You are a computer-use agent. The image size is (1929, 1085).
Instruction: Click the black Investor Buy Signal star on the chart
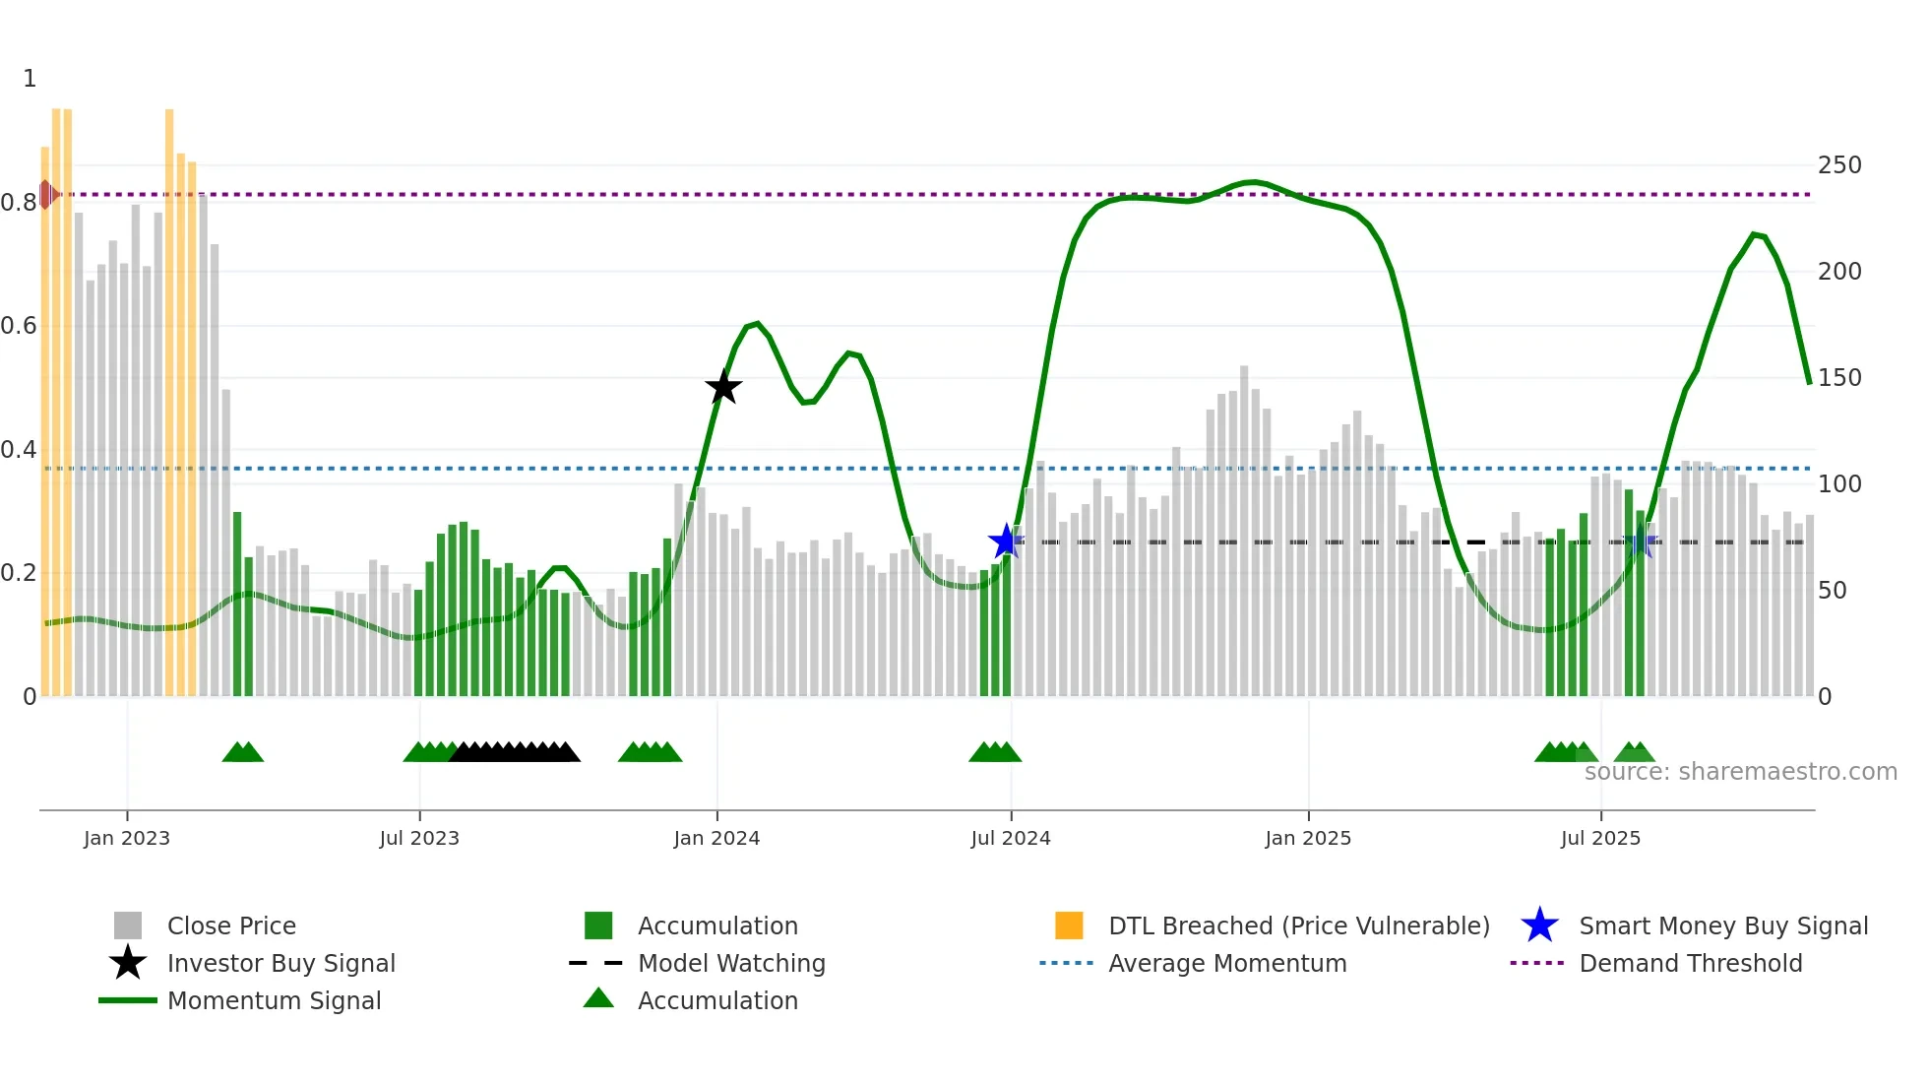tap(723, 387)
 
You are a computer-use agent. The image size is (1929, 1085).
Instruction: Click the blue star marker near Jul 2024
tap(1006, 541)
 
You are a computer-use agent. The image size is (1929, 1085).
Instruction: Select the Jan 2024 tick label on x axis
tap(716, 838)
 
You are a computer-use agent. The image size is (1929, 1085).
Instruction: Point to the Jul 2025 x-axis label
tap(1600, 838)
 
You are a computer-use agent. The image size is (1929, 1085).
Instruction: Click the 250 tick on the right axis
tap(1839, 165)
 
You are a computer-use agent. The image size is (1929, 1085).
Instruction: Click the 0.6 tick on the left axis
tap(18, 326)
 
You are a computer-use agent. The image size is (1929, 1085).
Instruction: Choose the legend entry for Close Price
tap(231, 925)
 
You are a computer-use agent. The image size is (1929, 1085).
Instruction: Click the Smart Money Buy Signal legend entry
tap(1722, 925)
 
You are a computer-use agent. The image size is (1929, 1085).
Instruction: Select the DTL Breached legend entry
tap(1298, 925)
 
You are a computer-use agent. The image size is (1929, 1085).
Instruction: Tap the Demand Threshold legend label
tap(1690, 963)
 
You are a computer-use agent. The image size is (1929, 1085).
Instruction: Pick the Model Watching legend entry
tap(731, 963)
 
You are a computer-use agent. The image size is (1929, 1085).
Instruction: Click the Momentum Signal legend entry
tap(274, 1000)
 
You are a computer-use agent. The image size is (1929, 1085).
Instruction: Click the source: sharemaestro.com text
tap(1740, 772)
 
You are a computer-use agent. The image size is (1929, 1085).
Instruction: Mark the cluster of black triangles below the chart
tap(514, 752)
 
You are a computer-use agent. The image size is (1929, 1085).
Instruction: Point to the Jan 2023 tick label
tap(127, 838)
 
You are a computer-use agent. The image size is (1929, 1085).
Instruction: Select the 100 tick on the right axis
tap(1839, 484)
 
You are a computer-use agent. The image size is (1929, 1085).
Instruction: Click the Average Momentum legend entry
tap(1226, 963)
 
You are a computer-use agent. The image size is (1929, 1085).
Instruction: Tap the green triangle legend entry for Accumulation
tap(716, 1000)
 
